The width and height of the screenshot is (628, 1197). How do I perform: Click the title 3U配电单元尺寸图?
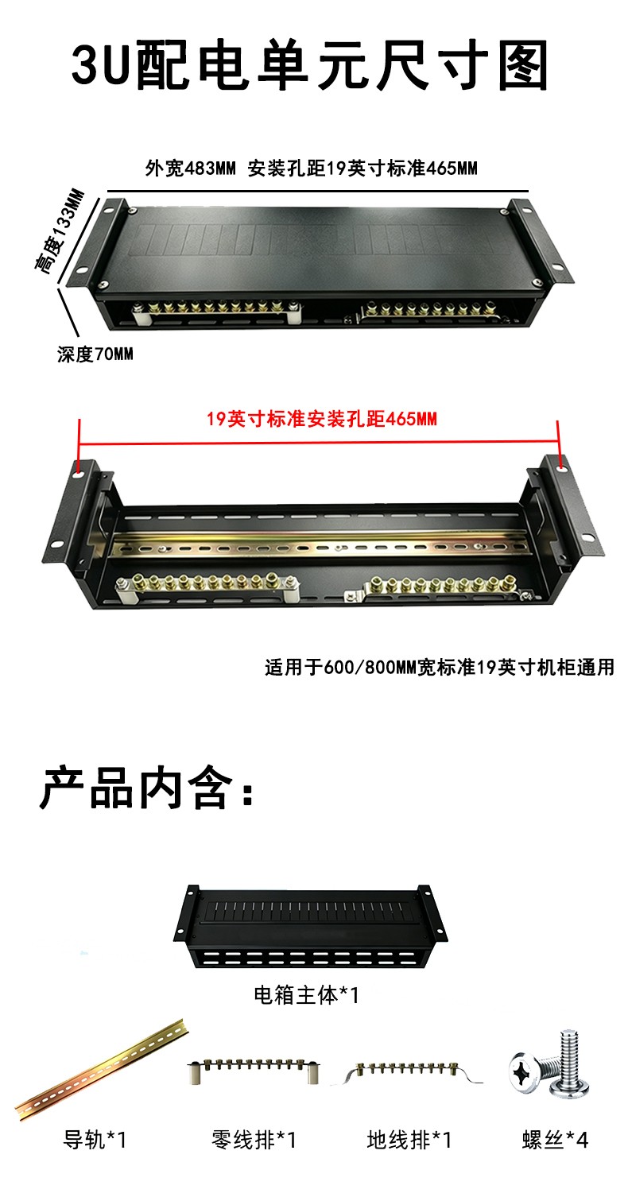[x=310, y=65]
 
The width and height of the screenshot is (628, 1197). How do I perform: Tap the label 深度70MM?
[x=95, y=354]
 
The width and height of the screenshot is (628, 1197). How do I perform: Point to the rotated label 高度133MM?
[x=60, y=232]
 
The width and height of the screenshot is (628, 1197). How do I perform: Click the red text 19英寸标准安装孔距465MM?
[x=322, y=419]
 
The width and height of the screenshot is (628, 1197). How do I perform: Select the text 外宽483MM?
[x=190, y=169]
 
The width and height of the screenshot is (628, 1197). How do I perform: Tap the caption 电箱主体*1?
[x=307, y=995]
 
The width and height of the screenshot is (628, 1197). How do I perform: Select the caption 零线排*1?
[x=254, y=1140]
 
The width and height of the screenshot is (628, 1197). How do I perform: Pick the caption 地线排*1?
[x=409, y=1140]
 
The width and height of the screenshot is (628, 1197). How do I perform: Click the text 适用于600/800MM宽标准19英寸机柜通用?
[x=440, y=667]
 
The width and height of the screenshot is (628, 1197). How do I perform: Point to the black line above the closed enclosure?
[x=317, y=191]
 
